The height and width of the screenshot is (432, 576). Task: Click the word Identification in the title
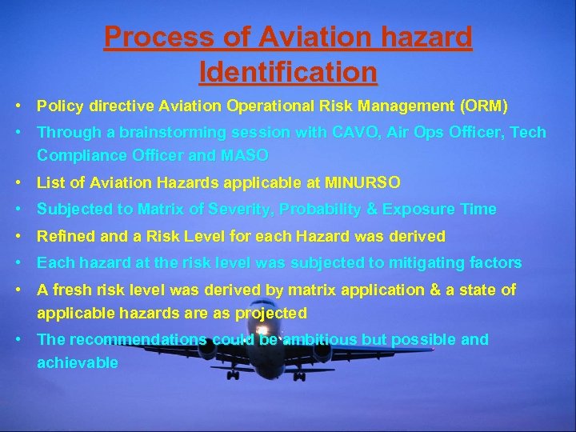(x=288, y=72)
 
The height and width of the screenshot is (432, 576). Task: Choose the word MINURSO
(x=363, y=182)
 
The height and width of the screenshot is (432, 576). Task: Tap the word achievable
(x=78, y=362)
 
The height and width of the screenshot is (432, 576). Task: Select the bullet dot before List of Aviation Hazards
(x=18, y=182)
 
